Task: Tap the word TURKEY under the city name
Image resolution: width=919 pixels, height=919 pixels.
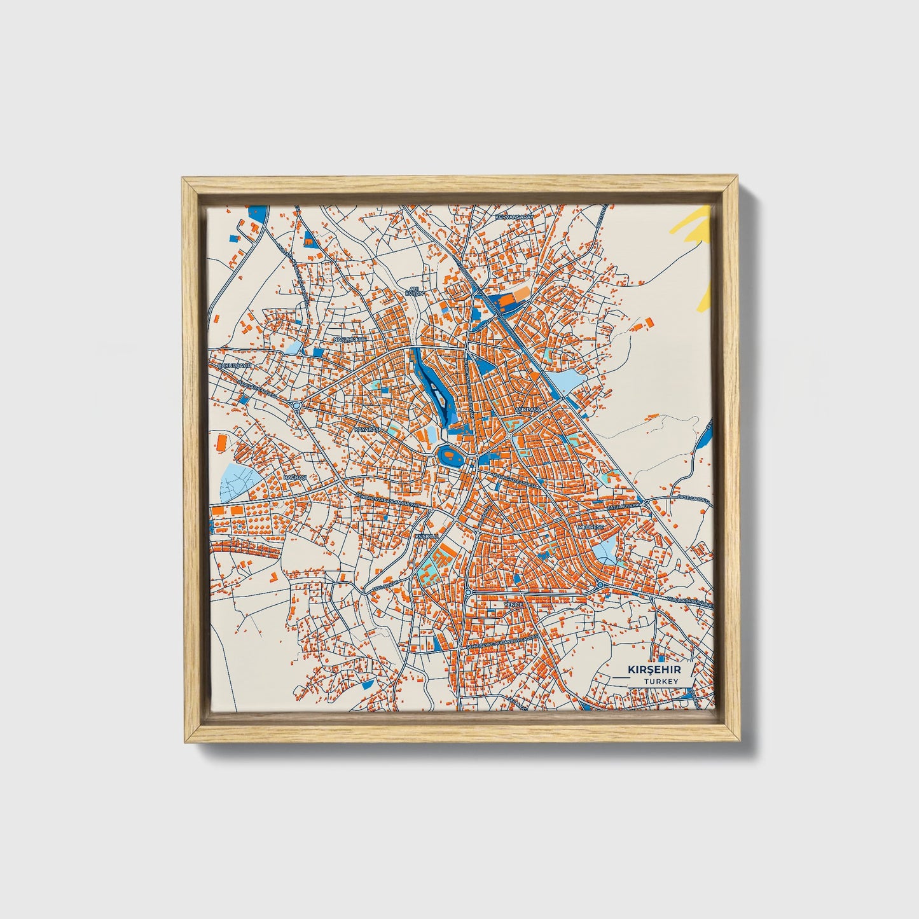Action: click(x=660, y=681)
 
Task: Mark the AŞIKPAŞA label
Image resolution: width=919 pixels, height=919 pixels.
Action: click(x=527, y=410)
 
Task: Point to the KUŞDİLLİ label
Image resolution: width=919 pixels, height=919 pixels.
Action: click(x=427, y=537)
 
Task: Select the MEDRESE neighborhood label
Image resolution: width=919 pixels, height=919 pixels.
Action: click(x=589, y=527)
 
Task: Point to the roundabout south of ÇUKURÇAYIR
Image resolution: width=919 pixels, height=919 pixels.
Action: click(x=296, y=404)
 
